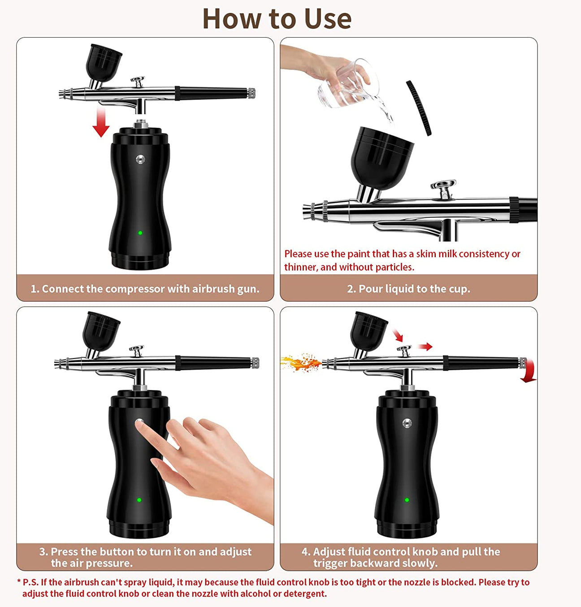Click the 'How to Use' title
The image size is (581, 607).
coord(277,19)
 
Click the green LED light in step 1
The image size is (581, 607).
coord(140,233)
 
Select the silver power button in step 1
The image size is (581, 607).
coord(140,159)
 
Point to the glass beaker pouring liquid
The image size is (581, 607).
coord(347,85)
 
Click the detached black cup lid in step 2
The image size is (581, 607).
coord(419,108)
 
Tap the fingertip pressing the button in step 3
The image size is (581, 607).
coord(139,424)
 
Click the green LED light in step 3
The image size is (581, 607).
coord(139,500)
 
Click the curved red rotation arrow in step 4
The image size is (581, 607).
coord(529,371)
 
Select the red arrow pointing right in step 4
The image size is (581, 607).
coord(425,347)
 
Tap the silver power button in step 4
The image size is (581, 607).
coord(407,423)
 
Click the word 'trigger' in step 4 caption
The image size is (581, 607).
coord(331,563)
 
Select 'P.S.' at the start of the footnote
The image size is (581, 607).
coord(30,582)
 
